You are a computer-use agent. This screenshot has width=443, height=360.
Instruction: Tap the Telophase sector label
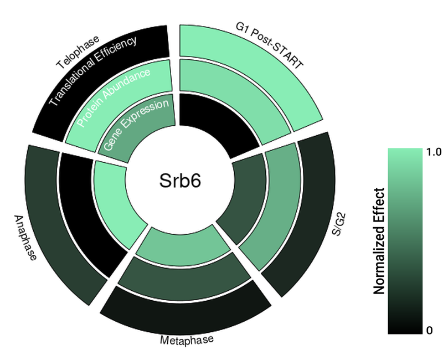coord(78,52)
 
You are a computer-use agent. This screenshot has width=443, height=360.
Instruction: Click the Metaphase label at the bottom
coord(186,340)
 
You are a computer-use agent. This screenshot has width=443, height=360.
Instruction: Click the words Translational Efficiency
coord(91,71)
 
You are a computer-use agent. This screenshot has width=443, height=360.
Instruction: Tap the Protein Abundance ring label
coord(114,97)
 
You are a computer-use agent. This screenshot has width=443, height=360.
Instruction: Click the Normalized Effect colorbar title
coord(379,240)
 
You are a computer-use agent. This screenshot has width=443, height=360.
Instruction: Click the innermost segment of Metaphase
coord(183,244)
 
